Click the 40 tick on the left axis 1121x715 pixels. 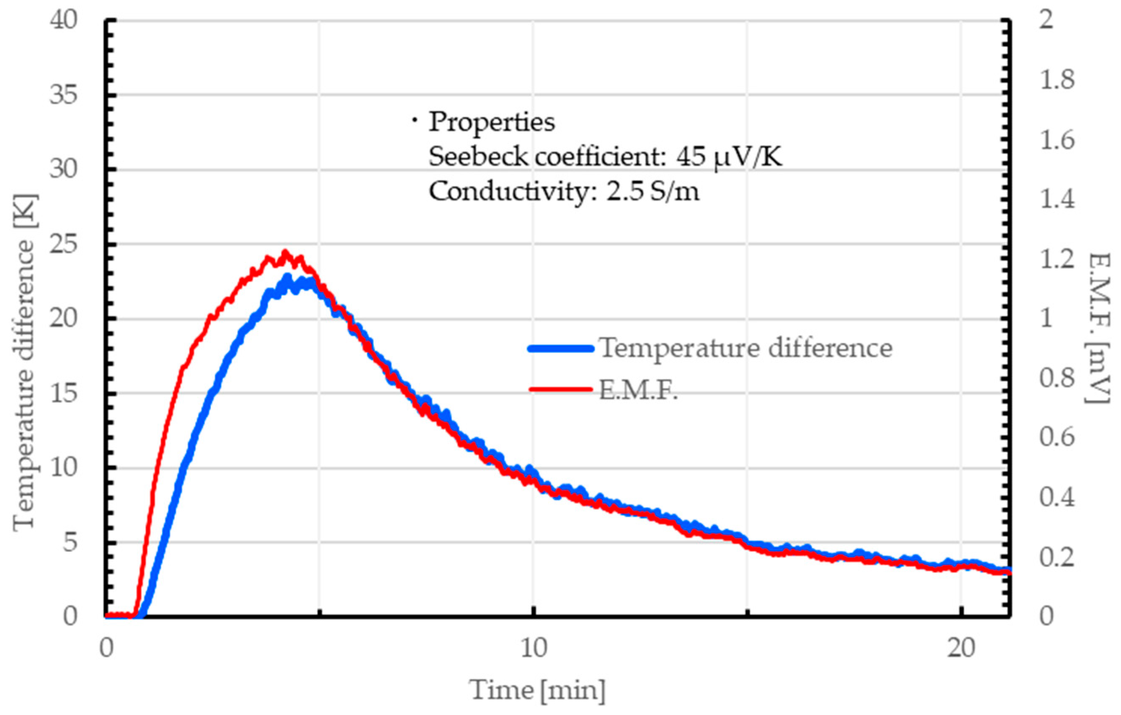[63, 21]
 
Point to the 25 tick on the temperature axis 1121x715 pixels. [63, 244]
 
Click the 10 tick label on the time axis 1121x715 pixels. [533, 648]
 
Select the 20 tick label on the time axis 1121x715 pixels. [961, 648]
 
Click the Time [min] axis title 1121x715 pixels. [538, 690]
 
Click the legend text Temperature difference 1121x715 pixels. [745, 348]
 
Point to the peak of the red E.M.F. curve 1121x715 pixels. [285, 252]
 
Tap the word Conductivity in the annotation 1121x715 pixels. [509, 191]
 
